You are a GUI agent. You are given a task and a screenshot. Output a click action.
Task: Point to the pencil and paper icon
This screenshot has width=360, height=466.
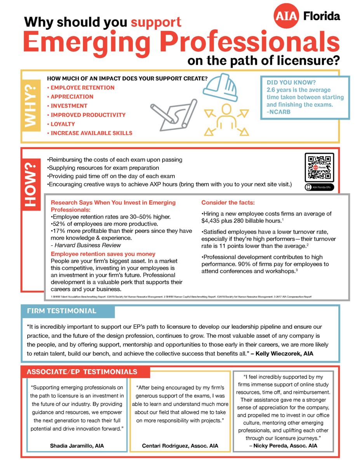(x=173, y=113)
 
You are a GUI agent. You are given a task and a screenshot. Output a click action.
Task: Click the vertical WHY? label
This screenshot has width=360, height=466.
(x=31, y=106)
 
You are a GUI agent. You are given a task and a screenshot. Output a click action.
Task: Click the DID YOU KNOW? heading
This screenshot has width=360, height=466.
(x=291, y=82)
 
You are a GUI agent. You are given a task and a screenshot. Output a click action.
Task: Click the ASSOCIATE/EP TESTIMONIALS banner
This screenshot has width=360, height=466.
(x=82, y=372)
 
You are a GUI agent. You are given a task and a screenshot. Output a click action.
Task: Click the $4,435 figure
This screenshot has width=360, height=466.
(x=212, y=221)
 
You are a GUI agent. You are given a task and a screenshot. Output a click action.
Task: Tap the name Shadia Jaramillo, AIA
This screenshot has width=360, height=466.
(x=77, y=445)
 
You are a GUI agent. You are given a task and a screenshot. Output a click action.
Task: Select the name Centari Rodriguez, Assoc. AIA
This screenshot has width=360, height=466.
(x=180, y=446)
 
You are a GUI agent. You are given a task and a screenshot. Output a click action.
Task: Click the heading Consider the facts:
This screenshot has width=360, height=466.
(x=228, y=203)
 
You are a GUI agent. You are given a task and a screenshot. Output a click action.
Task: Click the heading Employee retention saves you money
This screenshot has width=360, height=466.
(x=103, y=254)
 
